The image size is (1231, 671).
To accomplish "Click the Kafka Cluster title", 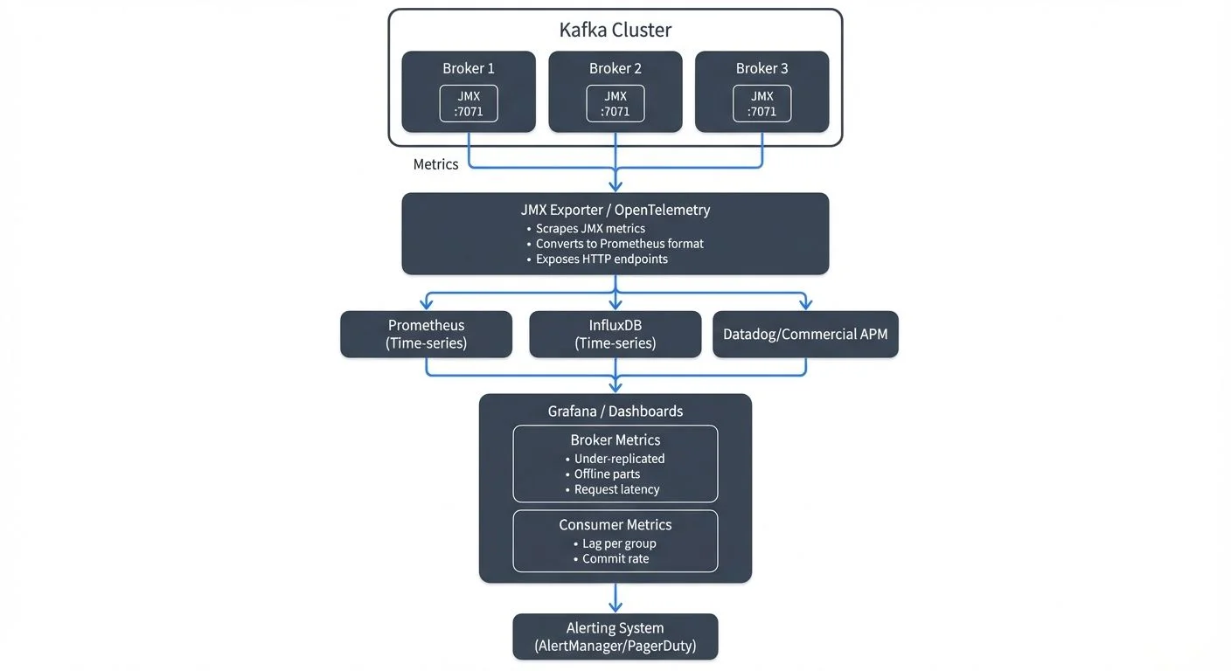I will pos(615,30).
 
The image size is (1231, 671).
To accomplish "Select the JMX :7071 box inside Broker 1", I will pos(469,103).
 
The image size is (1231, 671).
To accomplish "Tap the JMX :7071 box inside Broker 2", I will pos(615,103).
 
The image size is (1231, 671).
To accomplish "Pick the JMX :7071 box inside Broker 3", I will pos(762,103).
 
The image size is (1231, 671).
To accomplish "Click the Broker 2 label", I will pos(615,68).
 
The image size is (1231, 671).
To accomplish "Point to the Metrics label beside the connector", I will pos(435,164).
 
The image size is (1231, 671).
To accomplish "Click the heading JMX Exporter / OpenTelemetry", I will pos(615,210).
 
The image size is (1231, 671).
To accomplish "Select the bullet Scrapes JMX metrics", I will pos(590,228).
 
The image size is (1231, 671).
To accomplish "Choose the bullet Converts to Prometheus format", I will pos(619,244).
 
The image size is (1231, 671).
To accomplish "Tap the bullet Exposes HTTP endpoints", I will pos(602,259).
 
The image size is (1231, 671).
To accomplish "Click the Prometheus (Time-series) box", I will pos(426,334).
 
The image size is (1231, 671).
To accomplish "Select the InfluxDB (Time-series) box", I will pos(615,334).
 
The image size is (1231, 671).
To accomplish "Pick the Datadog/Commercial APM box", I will pos(805,335).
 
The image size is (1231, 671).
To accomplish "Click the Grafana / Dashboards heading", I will pos(615,411).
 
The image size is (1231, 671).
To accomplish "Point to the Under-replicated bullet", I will pos(619,459).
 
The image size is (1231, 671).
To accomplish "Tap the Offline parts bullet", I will pos(607,474).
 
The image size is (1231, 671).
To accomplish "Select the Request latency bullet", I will pos(616,489).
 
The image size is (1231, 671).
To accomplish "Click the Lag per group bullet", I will pos(619,543).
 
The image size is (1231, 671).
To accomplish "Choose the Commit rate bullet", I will pos(615,558).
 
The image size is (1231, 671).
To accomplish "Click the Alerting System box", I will pos(615,637).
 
